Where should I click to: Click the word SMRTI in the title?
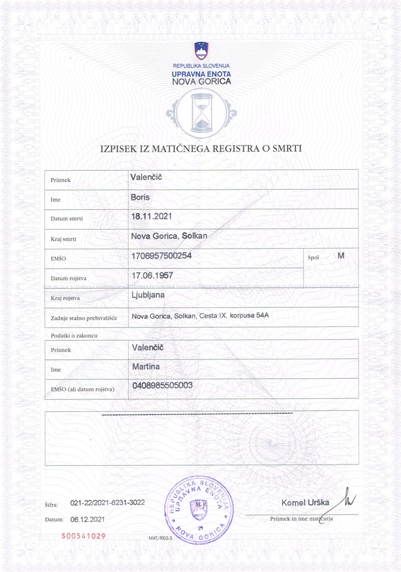(x=285, y=149)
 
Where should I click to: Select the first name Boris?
(x=140, y=197)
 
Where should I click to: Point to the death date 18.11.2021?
(x=152, y=216)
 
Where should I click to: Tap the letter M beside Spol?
(x=341, y=255)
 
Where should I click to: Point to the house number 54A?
(x=265, y=316)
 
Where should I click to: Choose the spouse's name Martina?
(x=147, y=367)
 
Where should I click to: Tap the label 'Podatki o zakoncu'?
(x=74, y=335)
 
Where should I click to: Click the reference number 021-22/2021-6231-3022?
(x=107, y=502)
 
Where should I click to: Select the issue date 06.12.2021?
(x=88, y=519)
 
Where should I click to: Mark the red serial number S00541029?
(x=84, y=536)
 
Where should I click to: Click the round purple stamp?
(x=199, y=510)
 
